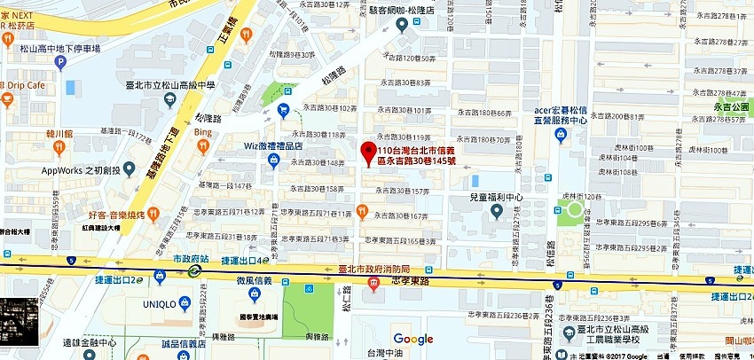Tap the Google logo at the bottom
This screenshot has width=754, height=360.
coord(413,339)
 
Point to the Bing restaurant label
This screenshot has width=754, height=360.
coord(204,133)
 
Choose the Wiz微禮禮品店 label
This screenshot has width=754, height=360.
coord(274,145)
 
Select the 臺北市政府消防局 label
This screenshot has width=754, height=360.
coord(375,269)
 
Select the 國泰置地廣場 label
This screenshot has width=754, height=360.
coord(258,317)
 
